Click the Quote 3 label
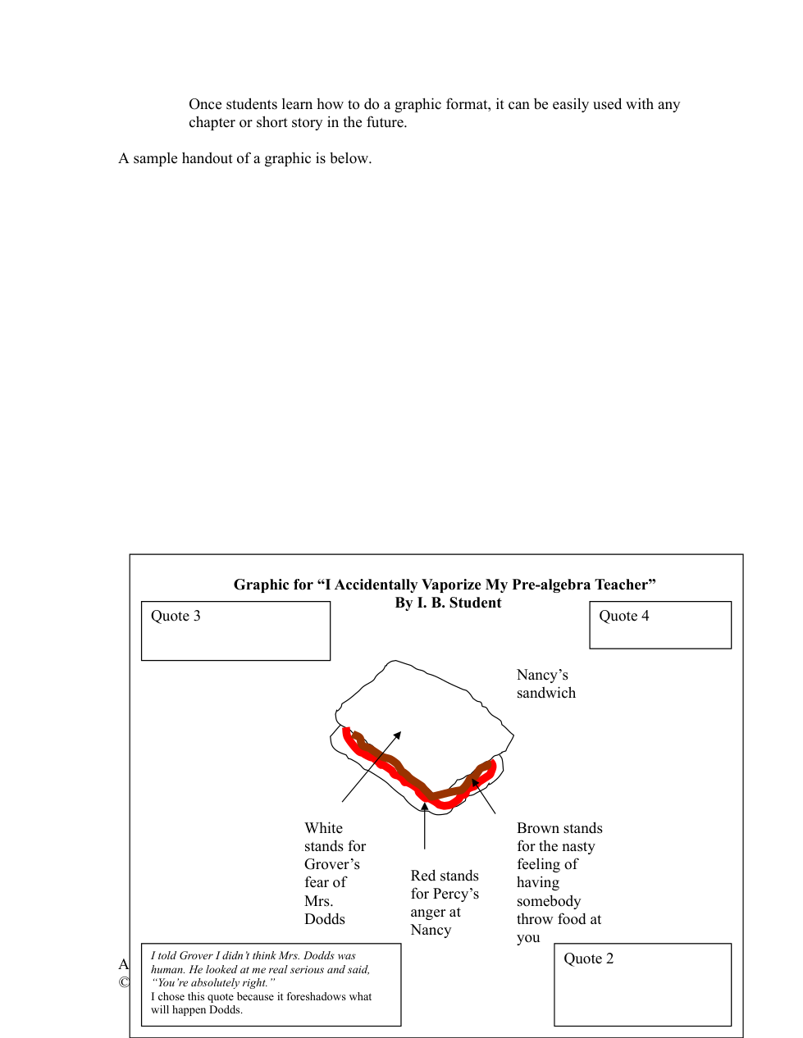[176, 617]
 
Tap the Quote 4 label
[623, 617]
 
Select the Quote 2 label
[588, 959]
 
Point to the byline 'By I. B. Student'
[448, 603]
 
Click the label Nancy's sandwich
[545, 684]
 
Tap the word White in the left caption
[323, 829]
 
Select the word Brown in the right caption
[537, 829]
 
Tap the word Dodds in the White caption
[325, 919]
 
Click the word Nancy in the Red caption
[431, 931]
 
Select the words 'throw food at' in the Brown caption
[559, 920]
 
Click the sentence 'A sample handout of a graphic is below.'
[245, 159]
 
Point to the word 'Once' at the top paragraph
[205, 105]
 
